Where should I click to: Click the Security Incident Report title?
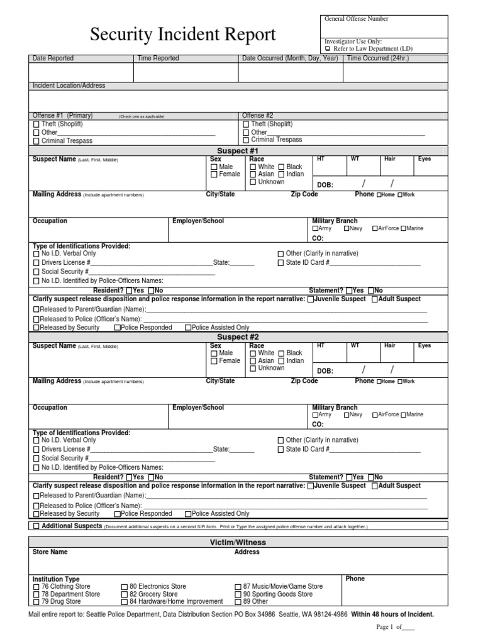tap(182, 35)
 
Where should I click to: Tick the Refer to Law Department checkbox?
tap(327, 48)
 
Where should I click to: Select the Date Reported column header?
tap(53, 58)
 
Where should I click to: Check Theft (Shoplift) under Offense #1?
tap(36, 125)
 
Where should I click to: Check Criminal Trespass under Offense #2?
tap(246, 140)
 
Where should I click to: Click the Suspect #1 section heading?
tap(238, 151)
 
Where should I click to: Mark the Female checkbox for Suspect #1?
tap(214, 175)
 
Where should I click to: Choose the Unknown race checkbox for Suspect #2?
tap(253, 369)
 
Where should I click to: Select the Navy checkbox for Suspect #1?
tap(347, 229)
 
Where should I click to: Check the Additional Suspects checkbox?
tap(36, 526)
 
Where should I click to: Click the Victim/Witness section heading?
tap(238, 542)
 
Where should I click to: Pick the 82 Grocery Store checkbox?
tap(125, 594)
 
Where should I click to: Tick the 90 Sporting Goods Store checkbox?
tap(238, 594)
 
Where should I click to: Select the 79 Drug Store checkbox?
tap(36, 602)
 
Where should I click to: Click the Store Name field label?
tap(50, 552)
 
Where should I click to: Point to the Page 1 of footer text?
tap(395, 627)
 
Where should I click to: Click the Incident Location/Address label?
tap(69, 86)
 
